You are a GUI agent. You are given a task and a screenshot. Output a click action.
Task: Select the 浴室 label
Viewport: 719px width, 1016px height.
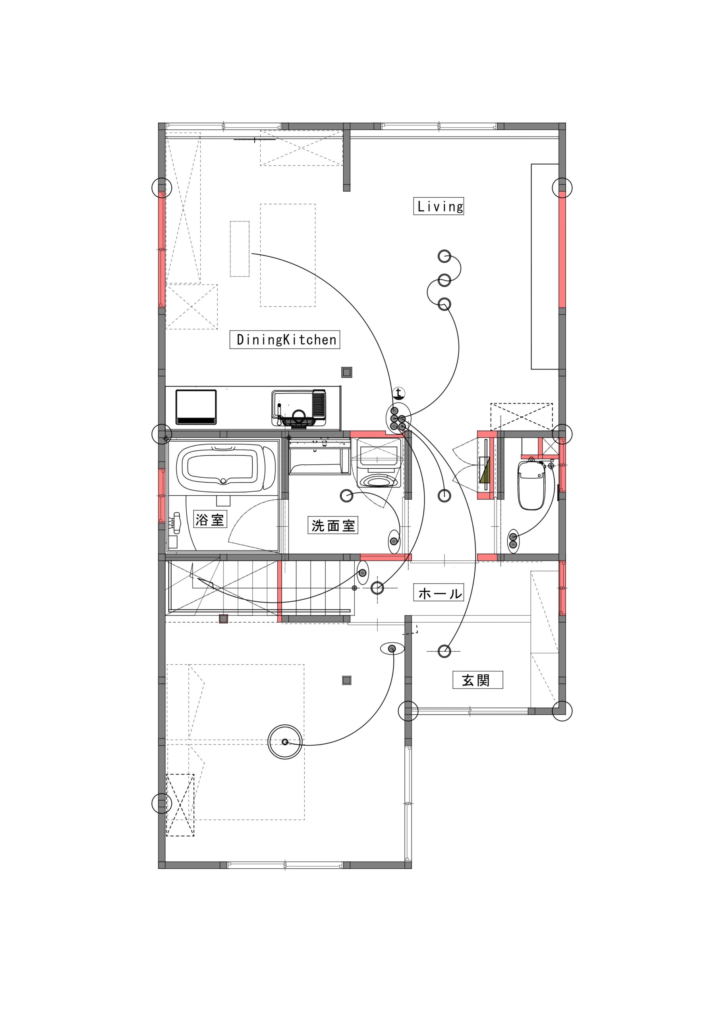pos(210,519)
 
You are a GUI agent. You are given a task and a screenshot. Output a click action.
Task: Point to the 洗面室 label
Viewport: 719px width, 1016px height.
pos(333,526)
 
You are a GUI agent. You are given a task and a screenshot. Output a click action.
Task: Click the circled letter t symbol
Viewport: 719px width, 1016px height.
pos(399,393)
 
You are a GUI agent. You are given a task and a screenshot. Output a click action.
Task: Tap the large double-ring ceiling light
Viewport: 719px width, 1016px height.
pos(285,742)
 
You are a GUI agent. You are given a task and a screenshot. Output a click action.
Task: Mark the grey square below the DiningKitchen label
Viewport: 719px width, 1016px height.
pos(347,372)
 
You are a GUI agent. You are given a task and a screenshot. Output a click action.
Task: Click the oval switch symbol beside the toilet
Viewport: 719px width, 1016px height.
pos(513,541)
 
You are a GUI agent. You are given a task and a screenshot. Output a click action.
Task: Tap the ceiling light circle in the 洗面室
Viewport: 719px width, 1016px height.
pos(346,496)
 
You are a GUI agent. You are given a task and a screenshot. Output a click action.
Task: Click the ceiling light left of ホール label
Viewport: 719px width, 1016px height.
pos(377,588)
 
